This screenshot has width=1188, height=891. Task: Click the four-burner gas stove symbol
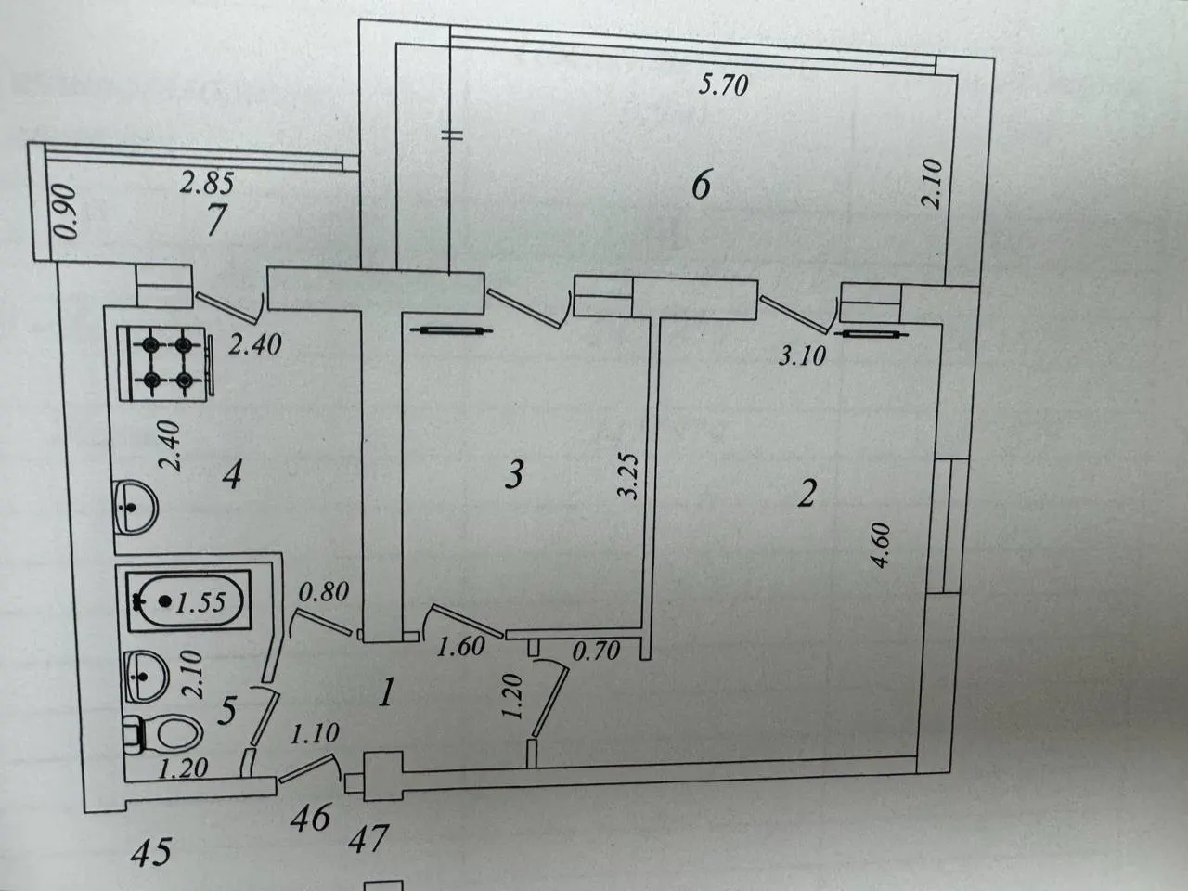click(165, 364)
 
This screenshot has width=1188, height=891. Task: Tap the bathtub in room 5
click(188, 601)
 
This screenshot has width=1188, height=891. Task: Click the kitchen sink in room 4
click(136, 508)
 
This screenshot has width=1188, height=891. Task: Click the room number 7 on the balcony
click(215, 221)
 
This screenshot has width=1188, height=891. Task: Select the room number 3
click(513, 474)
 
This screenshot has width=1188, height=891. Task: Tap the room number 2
click(806, 494)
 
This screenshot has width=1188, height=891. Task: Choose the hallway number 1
click(386, 693)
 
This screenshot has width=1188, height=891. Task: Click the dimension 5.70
click(724, 86)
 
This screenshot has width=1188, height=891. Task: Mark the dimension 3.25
click(629, 476)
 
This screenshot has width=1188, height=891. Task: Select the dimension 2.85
click(207, 182)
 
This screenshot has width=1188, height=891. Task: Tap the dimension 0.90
click(67, 211)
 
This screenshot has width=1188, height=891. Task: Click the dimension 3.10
click(802, 356)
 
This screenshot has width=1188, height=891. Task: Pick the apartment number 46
click(311, 818)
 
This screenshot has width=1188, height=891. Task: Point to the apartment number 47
click(369, 838)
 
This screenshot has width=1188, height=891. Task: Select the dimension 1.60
click(460, 647)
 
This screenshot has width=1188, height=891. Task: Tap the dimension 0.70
click(596, 651)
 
